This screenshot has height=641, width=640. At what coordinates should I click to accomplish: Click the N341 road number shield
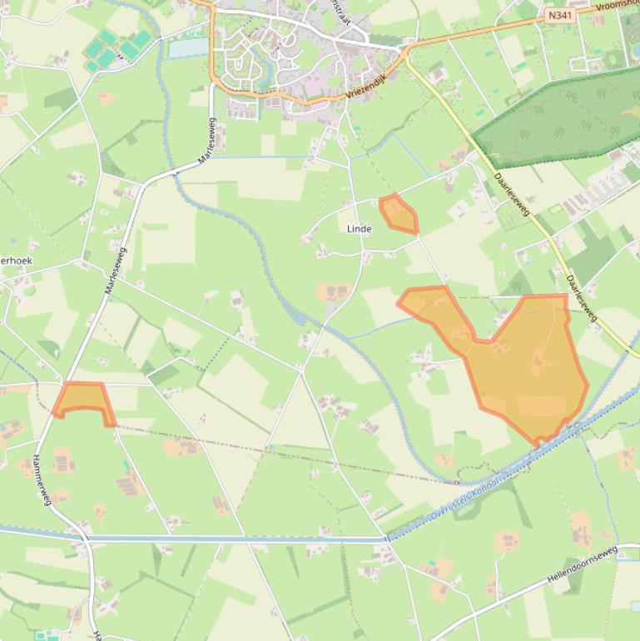[559, 15]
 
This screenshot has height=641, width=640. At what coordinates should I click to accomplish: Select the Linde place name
[359, 228]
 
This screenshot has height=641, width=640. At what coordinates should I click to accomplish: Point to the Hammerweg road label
[42, 480]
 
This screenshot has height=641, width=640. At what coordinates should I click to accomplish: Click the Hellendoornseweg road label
[583, 565]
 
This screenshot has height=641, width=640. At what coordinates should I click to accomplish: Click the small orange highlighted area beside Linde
[399, 215]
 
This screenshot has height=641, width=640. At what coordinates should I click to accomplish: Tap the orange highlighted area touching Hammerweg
[84, 399]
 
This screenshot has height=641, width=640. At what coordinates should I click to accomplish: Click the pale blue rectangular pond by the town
[188, 47]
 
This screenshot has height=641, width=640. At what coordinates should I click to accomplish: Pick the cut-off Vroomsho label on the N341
[617, 6]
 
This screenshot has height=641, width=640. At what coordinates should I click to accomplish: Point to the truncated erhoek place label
[17, 261]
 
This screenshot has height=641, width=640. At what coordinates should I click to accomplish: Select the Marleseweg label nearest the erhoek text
[115, 270]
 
